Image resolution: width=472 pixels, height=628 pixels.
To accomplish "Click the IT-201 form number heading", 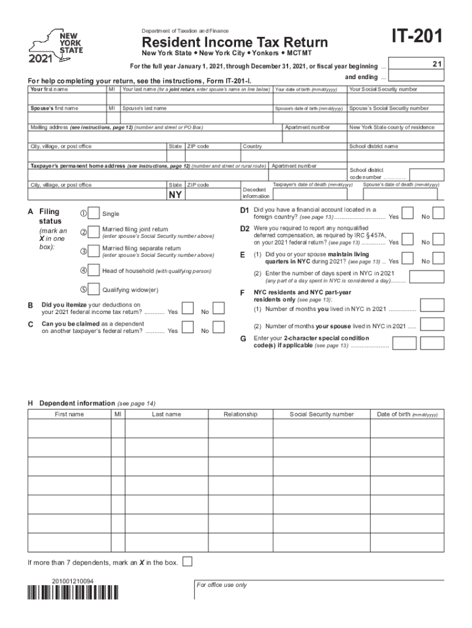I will point(411,38).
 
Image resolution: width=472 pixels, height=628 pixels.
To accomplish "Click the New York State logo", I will point(56,46).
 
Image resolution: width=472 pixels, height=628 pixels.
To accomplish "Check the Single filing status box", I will point(94,213).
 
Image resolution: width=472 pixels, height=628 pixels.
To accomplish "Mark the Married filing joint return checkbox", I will point(94,232).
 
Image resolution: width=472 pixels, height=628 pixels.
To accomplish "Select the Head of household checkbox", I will point(94,270).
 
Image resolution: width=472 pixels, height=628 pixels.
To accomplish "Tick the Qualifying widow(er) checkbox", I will point(94,289).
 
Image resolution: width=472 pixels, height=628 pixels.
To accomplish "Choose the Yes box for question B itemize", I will point(189,308).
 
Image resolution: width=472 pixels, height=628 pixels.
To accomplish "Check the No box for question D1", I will point(439,213).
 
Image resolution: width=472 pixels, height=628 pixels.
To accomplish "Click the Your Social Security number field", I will point(393,98).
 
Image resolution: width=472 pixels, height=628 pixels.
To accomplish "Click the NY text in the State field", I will point(175,196).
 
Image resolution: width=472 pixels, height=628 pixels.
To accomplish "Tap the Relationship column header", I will point(240,415).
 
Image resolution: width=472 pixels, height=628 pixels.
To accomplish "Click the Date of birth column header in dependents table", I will point(407,415).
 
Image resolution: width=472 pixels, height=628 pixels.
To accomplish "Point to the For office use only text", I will point(222,585).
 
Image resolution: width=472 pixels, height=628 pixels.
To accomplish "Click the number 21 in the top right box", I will point(436,63).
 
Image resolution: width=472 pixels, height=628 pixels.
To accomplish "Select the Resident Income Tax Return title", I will point(235,42).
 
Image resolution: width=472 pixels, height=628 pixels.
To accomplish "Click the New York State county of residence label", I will point(392,128).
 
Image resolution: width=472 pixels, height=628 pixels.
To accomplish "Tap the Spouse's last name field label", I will point(145,109).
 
